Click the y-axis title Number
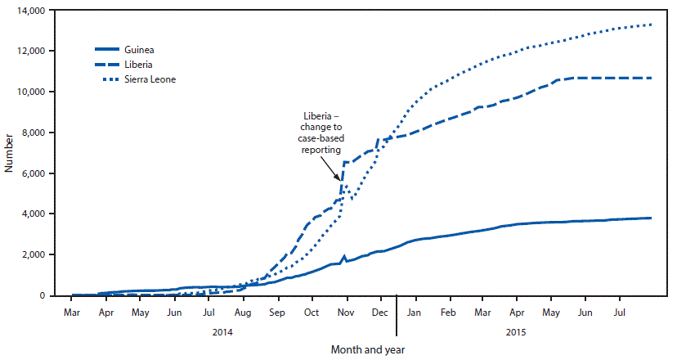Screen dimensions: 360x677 point(9,153)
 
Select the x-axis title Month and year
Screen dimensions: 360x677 point(367,349)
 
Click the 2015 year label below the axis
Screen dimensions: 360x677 point(516,332)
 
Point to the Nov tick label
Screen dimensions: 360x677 point(346,313)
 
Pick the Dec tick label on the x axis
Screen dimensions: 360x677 point(380,313)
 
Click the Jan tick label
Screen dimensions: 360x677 point(415,313)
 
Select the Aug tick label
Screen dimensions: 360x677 point(243,313)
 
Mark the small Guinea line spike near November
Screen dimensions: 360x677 point(344,256)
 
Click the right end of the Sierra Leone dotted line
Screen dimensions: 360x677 point(651,25)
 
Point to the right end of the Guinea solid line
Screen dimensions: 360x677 point(651,218)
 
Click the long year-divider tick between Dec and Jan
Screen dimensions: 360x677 point(397,315)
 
